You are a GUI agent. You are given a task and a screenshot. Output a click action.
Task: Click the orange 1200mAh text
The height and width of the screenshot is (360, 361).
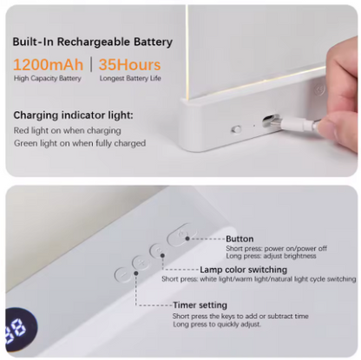[x=48, y=64]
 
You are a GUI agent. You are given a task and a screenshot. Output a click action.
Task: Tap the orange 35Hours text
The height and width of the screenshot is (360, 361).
[x=129, y=64]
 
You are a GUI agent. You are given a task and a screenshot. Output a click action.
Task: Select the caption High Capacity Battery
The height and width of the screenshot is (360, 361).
[x=48, y=78]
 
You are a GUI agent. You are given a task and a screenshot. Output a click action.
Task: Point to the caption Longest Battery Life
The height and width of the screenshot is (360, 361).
[x=130, y=78]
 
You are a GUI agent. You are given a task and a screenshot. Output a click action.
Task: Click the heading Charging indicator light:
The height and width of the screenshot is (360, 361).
[x=73, y=115]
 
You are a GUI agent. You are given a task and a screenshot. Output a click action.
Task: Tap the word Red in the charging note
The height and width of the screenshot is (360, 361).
[x=21, y=130]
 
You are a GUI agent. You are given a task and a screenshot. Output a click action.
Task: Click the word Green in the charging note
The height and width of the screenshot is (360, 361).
[x=25, y=143]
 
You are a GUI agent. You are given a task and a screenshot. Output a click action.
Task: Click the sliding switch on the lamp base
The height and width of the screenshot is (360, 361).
[x=236, y=129]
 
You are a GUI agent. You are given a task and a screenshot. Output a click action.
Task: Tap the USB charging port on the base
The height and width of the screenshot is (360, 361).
[x=267, y=121]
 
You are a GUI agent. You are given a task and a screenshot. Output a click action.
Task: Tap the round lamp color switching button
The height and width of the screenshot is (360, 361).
[x=158, y=251]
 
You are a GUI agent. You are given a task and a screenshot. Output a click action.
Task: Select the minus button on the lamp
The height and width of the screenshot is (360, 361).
[x=123, y=274]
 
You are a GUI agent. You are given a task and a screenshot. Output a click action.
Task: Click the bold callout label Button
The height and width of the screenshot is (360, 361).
[x=240, y=239]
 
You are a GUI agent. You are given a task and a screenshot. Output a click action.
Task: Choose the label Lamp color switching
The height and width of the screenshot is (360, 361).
[x=243, y=270]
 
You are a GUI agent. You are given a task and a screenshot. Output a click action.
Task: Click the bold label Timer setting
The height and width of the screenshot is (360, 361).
[x=200, y=305]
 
